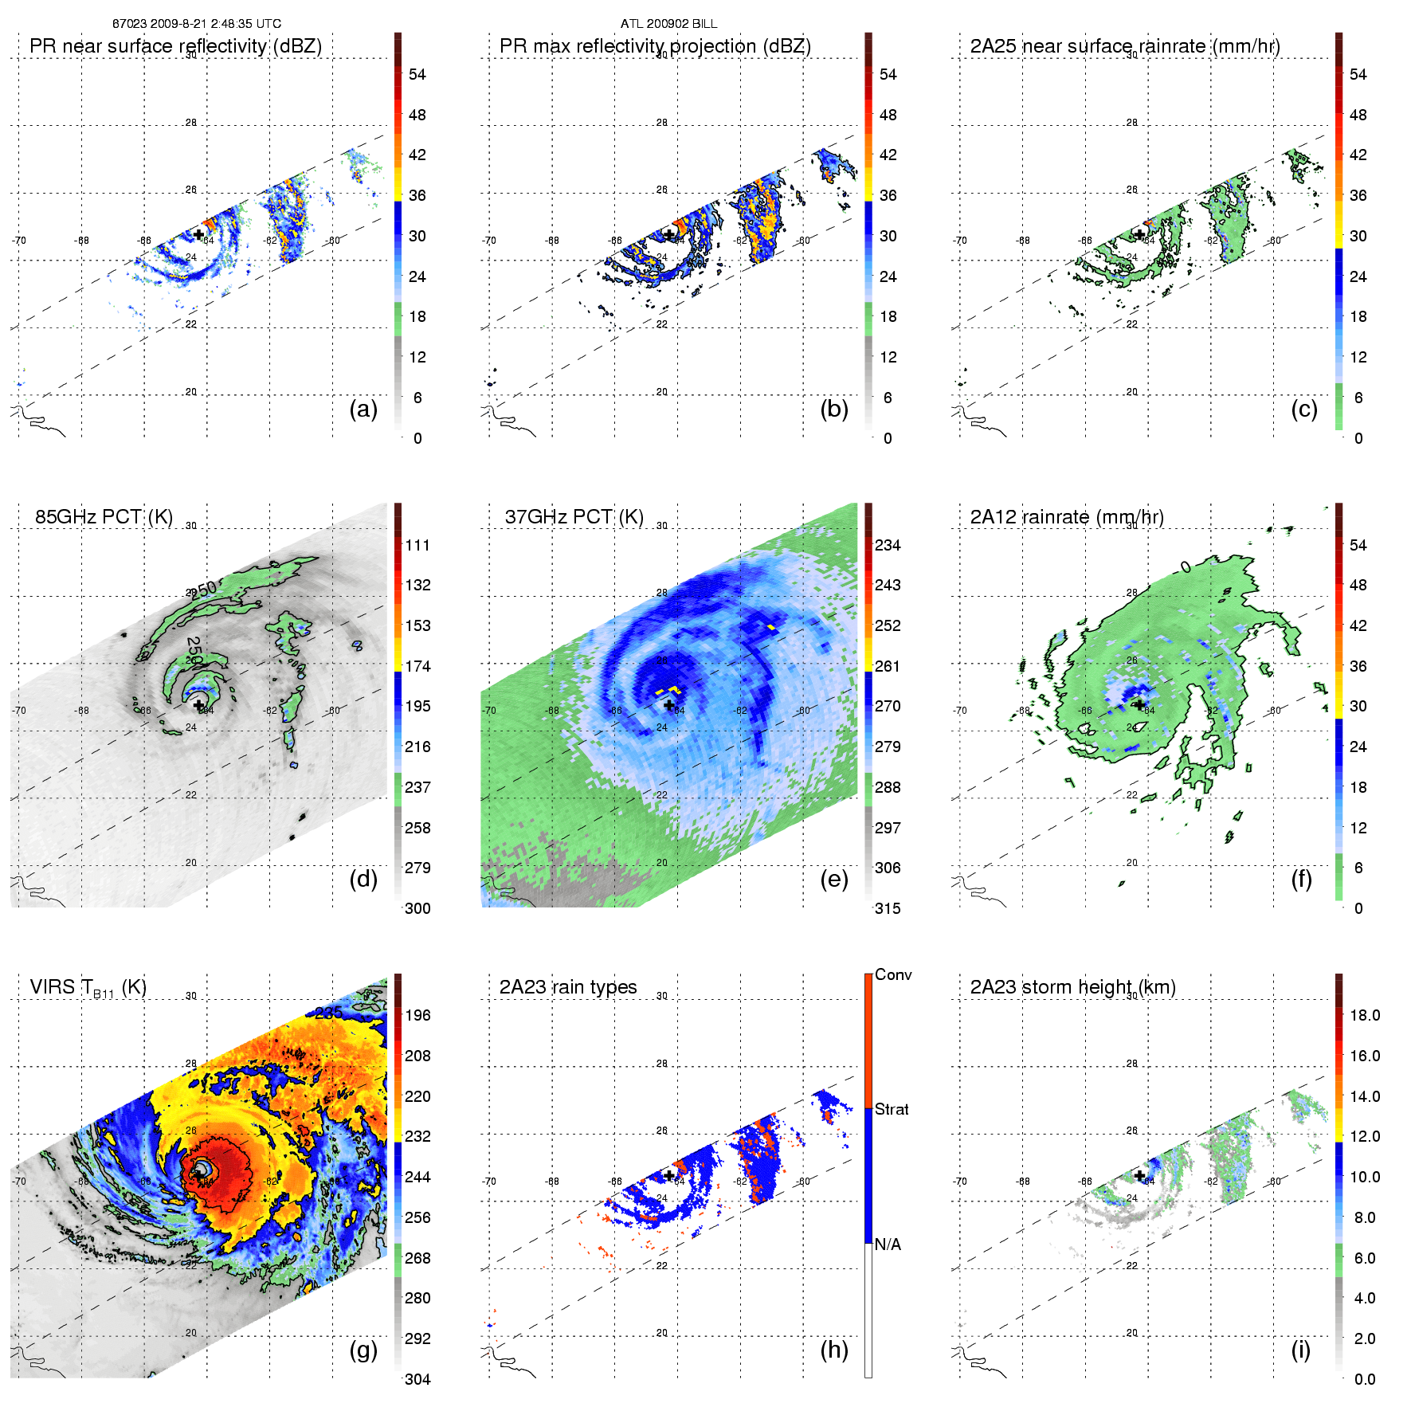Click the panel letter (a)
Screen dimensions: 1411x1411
click(x=363, y=410)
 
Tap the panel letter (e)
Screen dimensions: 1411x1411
click(x=833, y=880)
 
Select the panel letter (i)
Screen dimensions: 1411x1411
click(x=1300, y=1350)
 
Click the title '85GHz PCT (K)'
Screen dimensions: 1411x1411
click(x=104, y=516)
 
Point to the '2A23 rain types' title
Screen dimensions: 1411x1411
click(x=567, y=987)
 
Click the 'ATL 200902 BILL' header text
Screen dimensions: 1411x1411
click(x=668, y=24)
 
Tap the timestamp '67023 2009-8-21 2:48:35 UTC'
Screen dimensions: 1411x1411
click(x=197, y=24)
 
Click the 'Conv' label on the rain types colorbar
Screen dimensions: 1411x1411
click(x=892, y=974)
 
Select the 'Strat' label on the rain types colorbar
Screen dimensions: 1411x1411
click(x=892, y=1109)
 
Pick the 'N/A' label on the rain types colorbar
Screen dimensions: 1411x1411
click(x=888, y=1244)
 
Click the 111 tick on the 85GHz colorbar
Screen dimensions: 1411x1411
click(x=417, y=545)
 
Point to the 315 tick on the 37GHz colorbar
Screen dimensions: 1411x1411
click(x=888, y=908)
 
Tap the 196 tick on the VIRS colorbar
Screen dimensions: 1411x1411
click(x=417, y=1015)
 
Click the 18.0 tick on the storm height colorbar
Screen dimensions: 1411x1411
click(x=1365, y=1015)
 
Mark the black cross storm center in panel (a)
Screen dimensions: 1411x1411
click(x=198, y=234)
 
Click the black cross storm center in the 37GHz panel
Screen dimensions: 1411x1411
click(x=669, y=705)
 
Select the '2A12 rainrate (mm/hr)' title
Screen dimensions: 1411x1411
click(x=1067, y=516)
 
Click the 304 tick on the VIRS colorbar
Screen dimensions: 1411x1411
click(x=417, y=1379)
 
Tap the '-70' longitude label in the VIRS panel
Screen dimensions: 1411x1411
click(x=19, y=1181)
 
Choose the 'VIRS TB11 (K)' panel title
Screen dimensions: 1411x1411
click(x=88, y=988)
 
